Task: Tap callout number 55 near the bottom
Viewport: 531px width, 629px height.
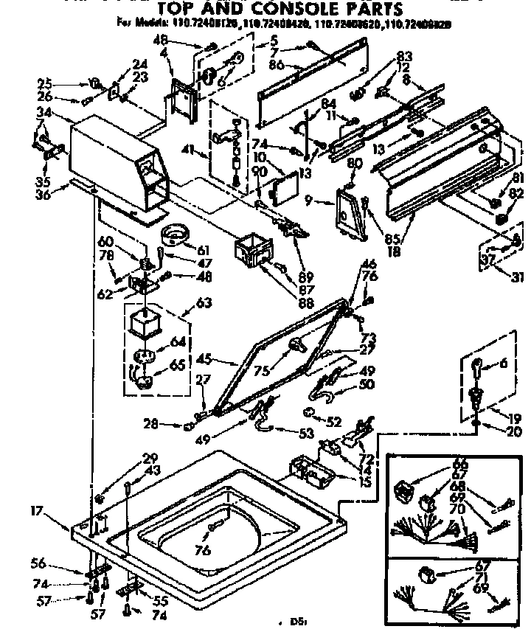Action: (x=158, y=600)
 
